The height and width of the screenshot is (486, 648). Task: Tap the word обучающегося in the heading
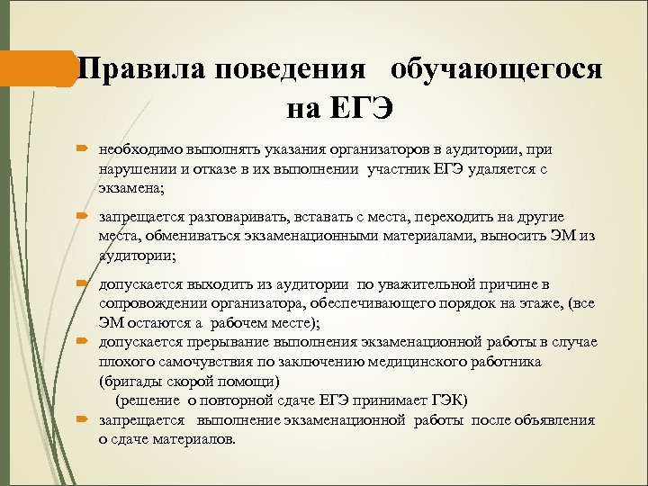[x=497, y=69]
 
